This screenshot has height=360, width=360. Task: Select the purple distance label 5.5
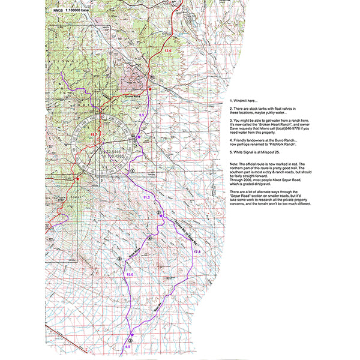tap(142, 114)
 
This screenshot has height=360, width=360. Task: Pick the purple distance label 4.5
tap(127, 347)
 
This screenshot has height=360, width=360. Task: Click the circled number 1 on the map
tap(131, 170)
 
